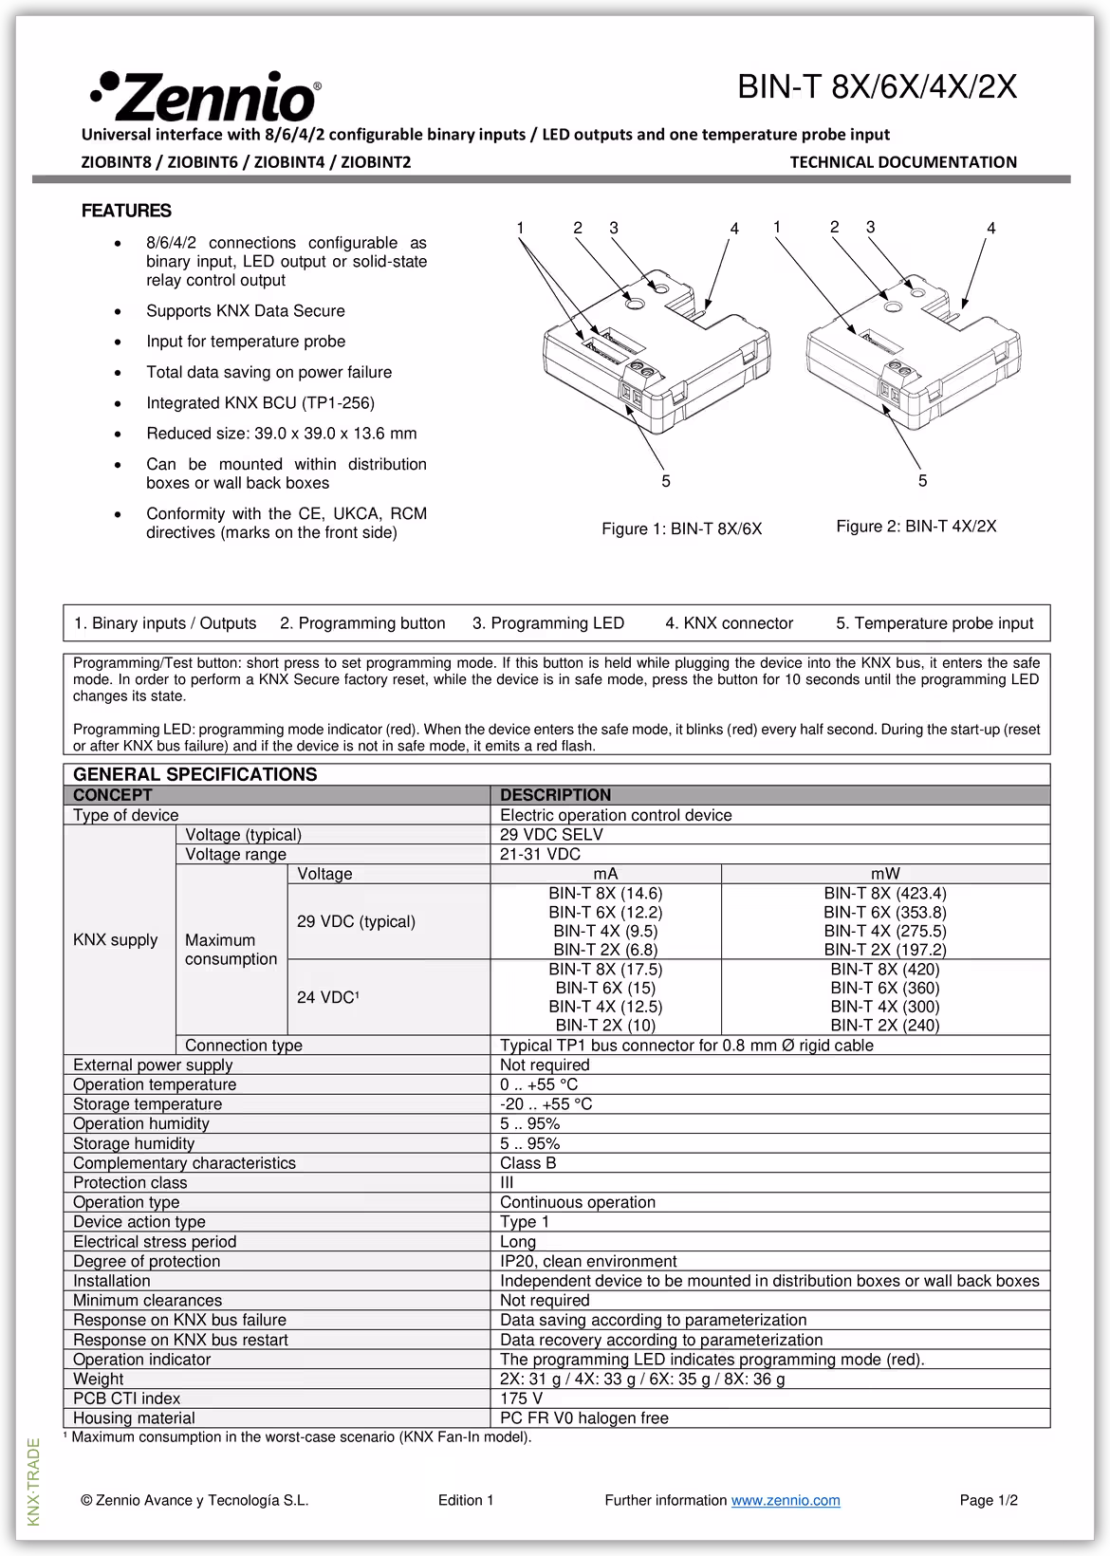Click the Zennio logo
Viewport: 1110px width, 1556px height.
pyautogui.click(x=205, y=97)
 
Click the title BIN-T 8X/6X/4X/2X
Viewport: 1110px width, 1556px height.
pyautogui.click(x=877, y=87)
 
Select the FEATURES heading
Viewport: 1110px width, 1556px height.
pyautogui.click(x=126, y=211)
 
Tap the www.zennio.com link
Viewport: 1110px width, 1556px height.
pyautogui.click(x=785, y=1500)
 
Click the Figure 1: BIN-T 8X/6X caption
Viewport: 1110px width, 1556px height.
pyautogui.click(x=681, y=528)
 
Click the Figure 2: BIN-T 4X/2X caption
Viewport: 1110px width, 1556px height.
pyautogui.click(x=916, y=527)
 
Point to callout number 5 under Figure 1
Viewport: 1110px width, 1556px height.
pyautogui.click(x=666, y=481)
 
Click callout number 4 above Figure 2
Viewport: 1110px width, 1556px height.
pyautogui.click(x=990, y=229)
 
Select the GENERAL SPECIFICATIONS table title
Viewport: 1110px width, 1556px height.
pyautogui.click(x=194, y=774)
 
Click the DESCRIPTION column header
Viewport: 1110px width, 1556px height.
pyautogui.click(x=555, y=795)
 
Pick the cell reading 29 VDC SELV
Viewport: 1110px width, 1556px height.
pyautogui.click(x=551, y=835)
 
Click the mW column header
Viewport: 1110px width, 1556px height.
pyautogui.click(x=884, y=874)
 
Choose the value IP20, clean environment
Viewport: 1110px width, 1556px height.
pyautogui.click(x=588, y=1261)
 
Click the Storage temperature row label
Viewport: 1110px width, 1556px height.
pyautogui.click(x=147, y=1104)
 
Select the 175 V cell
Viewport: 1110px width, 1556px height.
pyautogui.click(x=521, y=1399)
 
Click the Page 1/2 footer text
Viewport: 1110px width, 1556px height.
pyautogui.click(x=988, y=1500)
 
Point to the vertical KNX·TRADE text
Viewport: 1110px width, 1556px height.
pyautogui.click(x=34, y=1481)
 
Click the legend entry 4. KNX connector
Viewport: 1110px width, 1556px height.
pyautogui.click(x=729, y=623)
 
